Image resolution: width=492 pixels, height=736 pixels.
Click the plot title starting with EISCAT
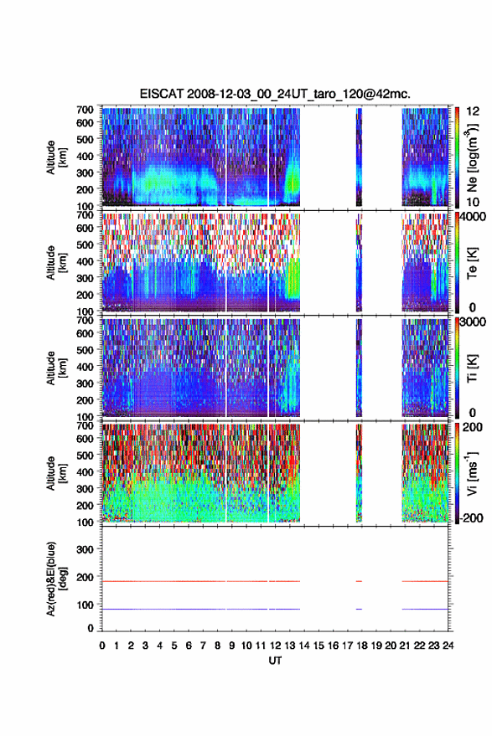click(275, 94)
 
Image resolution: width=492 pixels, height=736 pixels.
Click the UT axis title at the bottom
click(276, 661)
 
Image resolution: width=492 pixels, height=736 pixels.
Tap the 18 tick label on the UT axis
click(362, 646)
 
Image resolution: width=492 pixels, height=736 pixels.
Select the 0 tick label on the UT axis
click(102, 646)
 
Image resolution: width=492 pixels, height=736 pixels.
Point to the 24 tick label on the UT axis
click(448, 646)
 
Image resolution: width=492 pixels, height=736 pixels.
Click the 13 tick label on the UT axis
click(290, 646)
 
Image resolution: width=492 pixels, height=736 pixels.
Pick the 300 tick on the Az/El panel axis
click(85, 549)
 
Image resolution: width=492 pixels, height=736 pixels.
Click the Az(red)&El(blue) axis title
click(55, 579)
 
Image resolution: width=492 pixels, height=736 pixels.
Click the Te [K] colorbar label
click(472, 263)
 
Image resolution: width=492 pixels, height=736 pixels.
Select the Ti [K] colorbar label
click(472, 368)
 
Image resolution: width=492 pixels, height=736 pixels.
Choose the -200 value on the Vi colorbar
click(469, 518)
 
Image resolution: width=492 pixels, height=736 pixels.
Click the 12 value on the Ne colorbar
click(473, 111)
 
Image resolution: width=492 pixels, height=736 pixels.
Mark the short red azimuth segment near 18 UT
click(359, 581)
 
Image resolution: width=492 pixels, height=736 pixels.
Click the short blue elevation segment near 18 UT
click(359, 609)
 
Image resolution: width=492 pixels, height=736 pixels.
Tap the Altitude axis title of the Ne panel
click(56, 157)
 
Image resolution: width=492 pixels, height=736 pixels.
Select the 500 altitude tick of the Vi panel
click(85, 455)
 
